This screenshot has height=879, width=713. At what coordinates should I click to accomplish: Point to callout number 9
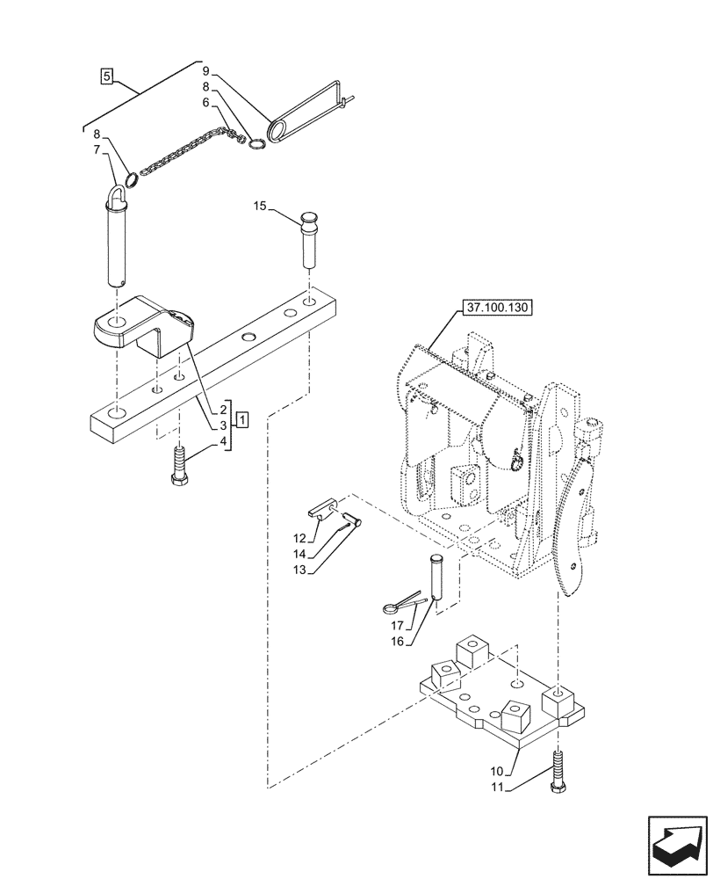[205, 69]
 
